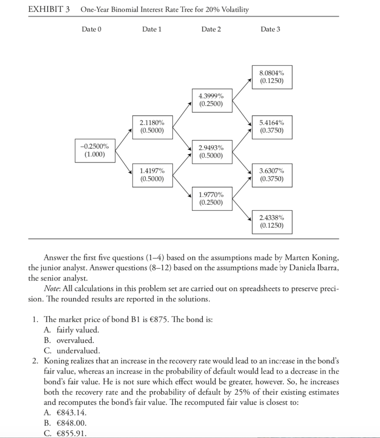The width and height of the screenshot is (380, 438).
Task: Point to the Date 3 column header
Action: click(x=270, y=29)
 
